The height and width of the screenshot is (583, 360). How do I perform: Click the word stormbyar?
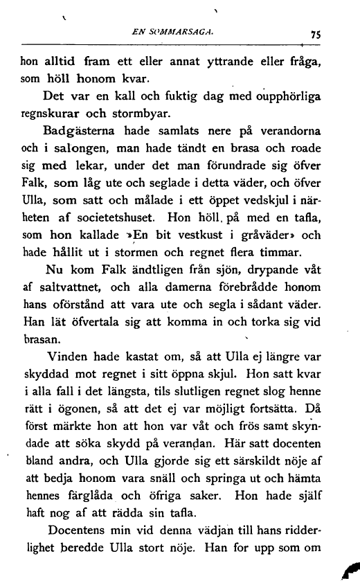(x=139, y=114)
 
